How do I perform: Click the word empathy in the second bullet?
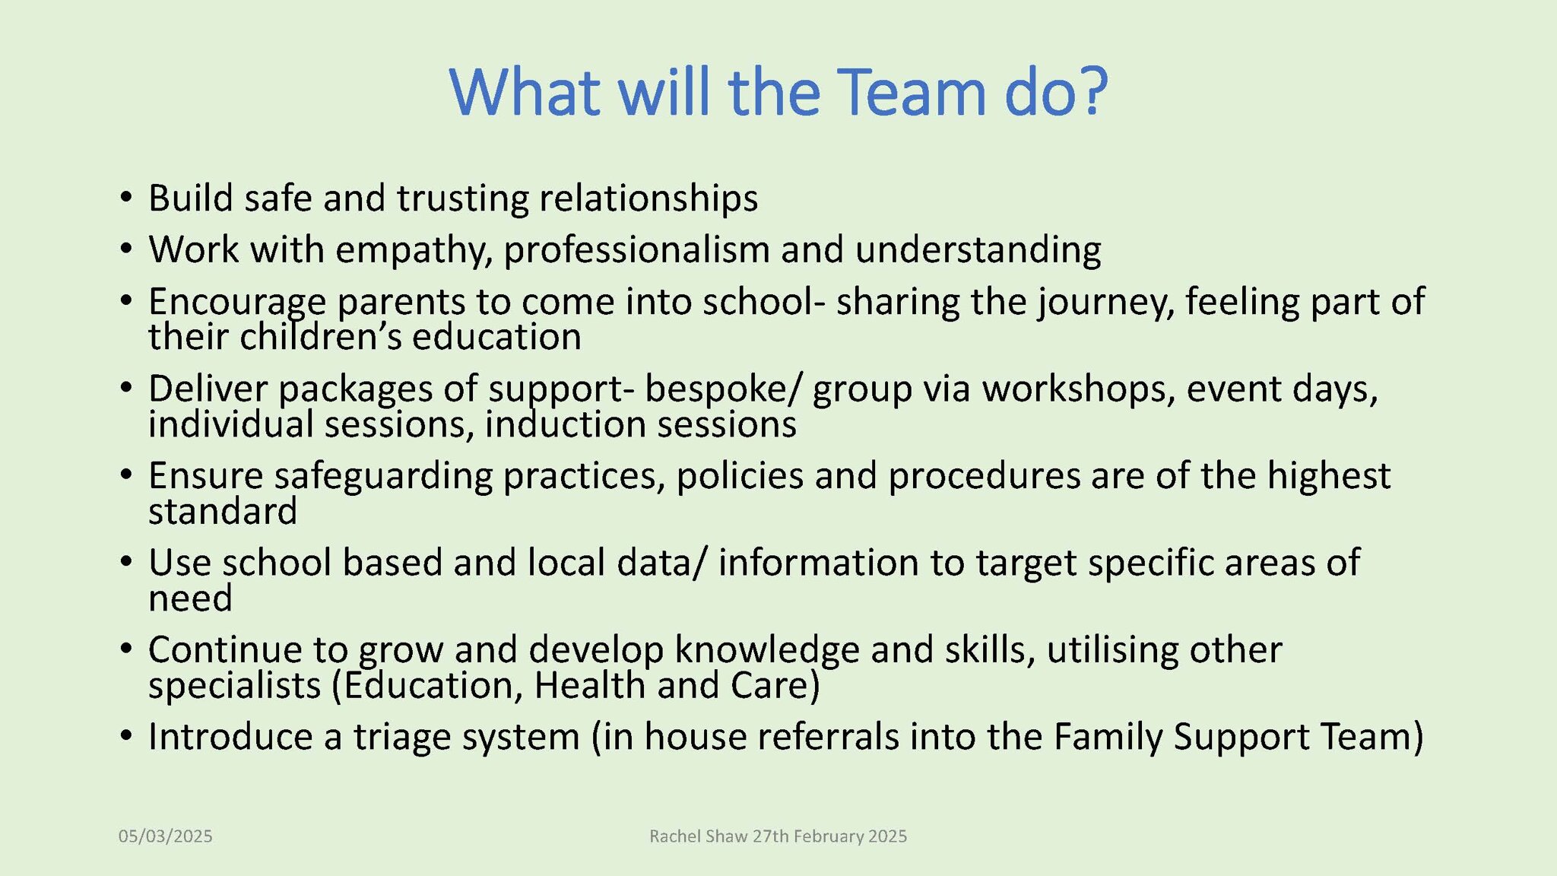[x=414, y=250]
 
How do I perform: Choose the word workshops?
[x=1078, y=389]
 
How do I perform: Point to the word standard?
[x=222, y=511]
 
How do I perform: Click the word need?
[x=190, y=598]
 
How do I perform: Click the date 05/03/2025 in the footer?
[x=165, y=836]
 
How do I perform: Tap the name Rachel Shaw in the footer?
[x=699, y=836]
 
